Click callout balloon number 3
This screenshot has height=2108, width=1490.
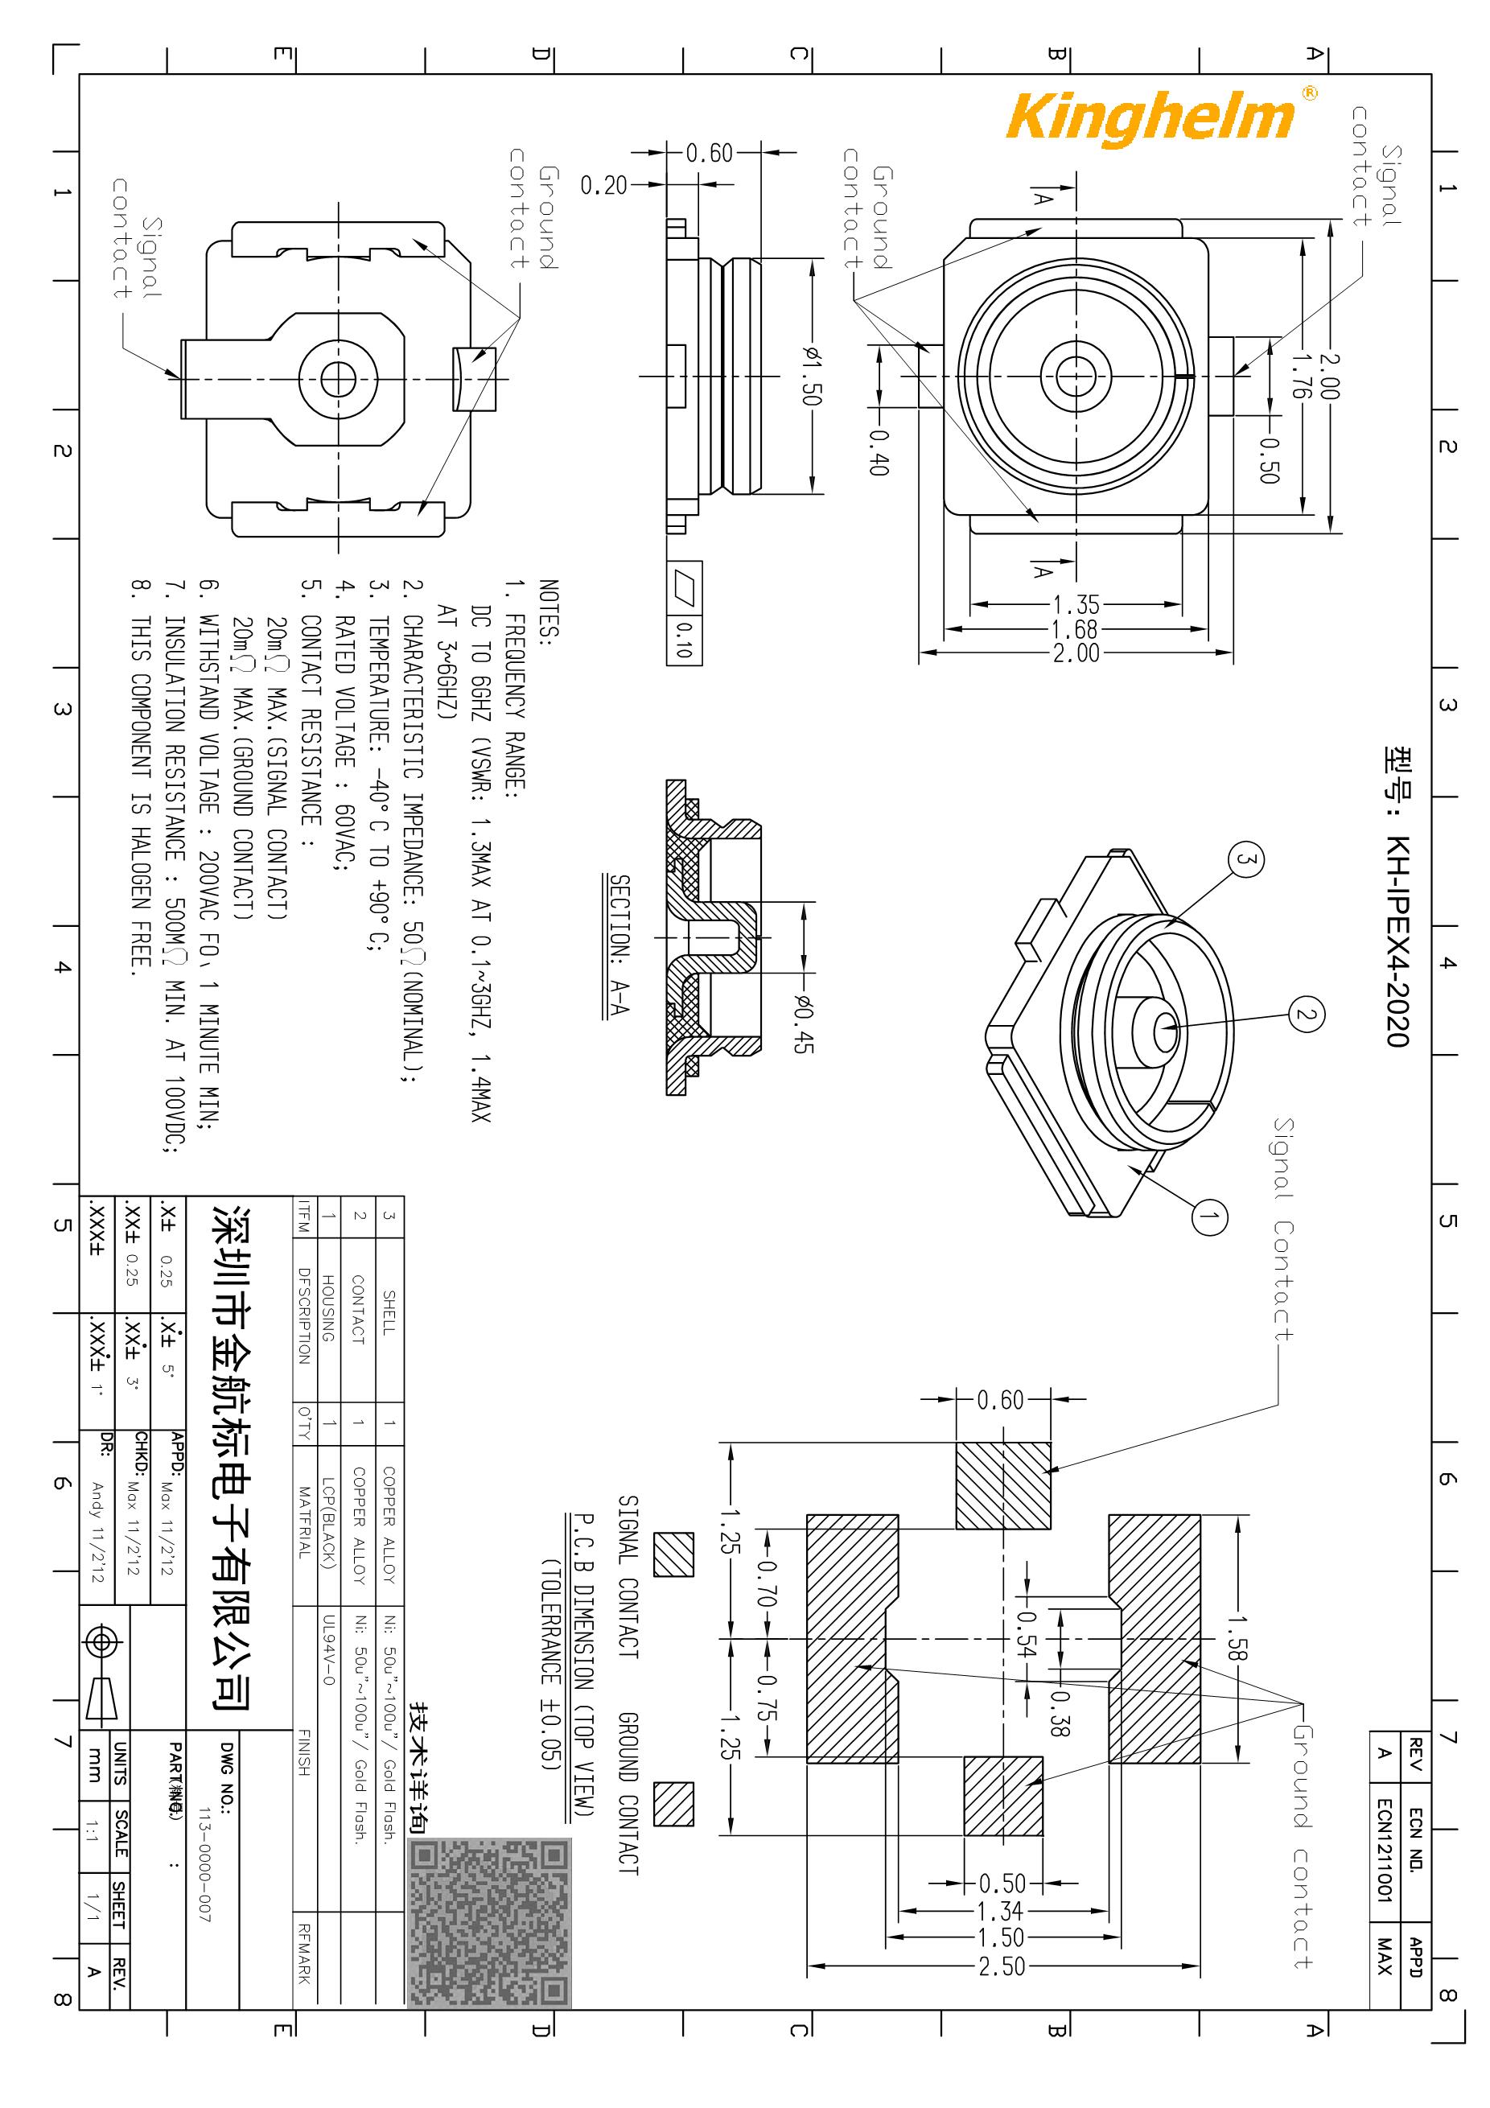tap(1245, 860)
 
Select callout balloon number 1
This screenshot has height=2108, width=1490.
tap(1208, 1217)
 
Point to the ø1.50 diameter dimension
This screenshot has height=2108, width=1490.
tap(812, 376)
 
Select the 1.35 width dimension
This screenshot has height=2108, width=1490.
tap(1075, 605)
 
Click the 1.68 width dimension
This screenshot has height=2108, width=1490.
tap(1075, 630)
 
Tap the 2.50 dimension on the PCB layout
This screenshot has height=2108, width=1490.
tap(1001, 1966)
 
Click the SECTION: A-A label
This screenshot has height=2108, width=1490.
tap(619, 945)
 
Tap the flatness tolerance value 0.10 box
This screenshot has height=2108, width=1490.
tap(684, 640)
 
